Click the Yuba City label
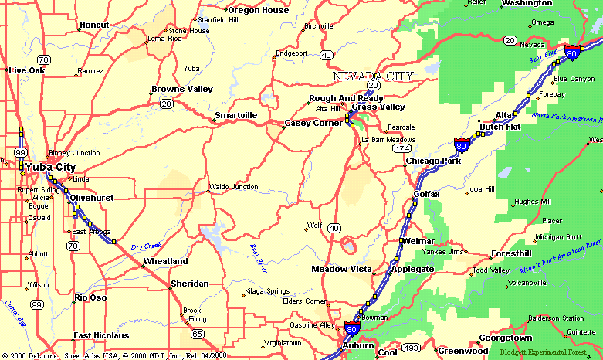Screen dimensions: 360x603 coord(50,166)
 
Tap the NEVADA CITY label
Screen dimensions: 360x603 coord(373,76)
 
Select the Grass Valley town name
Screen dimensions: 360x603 coord(378,107)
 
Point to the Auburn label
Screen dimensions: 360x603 coord(358,345)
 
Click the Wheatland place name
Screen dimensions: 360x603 coord(165,261)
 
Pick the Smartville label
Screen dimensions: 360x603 coord(236,115)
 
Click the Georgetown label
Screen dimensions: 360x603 coord(506,338)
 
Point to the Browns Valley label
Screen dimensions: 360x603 coord(182,90)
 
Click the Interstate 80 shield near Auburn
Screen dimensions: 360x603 coord(352,330)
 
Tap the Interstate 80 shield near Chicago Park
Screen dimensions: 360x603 coord(461,144)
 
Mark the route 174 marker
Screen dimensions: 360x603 coord(401,148)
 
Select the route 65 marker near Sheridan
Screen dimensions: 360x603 coord(198,334)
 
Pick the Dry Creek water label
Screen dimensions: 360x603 coord(145,246)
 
